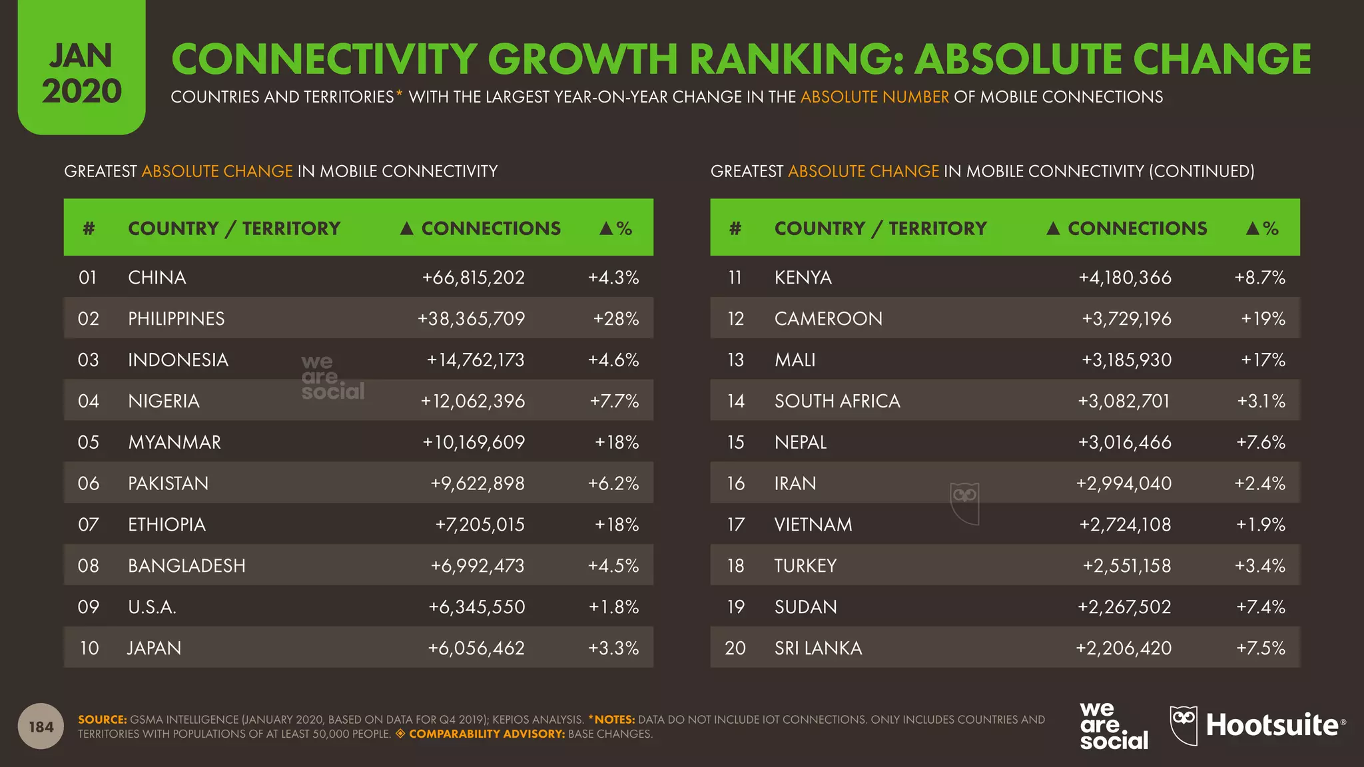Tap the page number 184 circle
pyautogui.click(x=41, y=726)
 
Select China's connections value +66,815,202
pyautogui.click(x=473, y=278)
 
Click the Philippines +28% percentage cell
pyautogui.click(x=615, y=319)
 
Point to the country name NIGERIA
pyautogui.click(x=164, y=401)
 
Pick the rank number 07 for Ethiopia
pyautogui.click(x=88, y=525)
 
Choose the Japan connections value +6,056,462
pyautogui.click(x=476, y=648)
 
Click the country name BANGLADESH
pyautogui.click(x=186, y=566)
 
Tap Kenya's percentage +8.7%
pyautogui.click(x=1259, y=278)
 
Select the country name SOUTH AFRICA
pyautogui.click(x=837, y=401)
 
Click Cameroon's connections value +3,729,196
pyautogui.click(x=1126, y=319)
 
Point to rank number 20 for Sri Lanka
pyautogui.click(x=735, y=648)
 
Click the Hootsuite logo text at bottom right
pyautogui.click(x=1271, y=726)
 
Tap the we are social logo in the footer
pyautogui.click(x=1113, y=726)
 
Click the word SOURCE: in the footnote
pyautogui.click(x=102, y=720)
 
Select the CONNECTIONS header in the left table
pyautogui.click(x=490, y=228)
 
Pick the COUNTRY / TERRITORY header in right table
pyautogui.click(x=880, y=228)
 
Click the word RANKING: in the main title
pyautogui.click(x=795, y=59)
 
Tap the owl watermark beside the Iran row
pyautogui.click(x=964, y=503)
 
